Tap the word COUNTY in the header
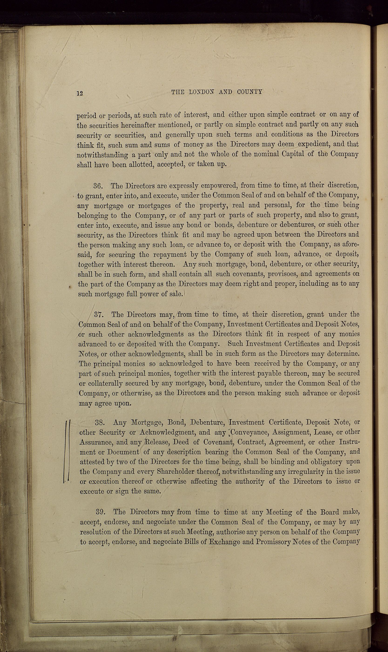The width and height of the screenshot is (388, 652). (x=250, y=92)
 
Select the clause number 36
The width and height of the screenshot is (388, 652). (x=99, y=186)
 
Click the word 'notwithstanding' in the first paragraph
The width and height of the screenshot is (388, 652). (x=102, y=155)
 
